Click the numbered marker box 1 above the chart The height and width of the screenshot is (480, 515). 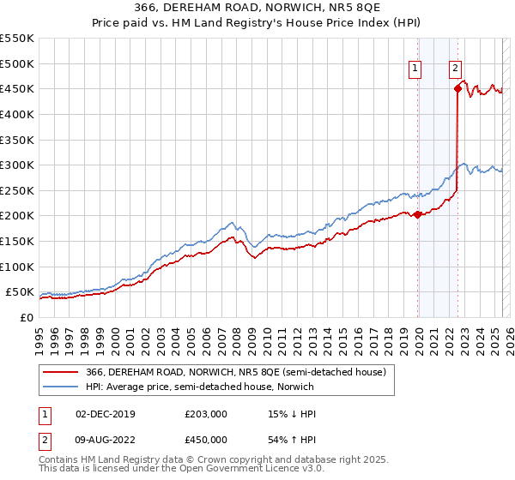tap(415, 70)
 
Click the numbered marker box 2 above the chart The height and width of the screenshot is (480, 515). tap(455, 70)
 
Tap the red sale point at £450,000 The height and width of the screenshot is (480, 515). tap(457, 88)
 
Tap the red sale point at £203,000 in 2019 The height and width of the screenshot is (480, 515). tap(418, 214)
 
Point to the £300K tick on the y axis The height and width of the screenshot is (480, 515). tap(18, 165)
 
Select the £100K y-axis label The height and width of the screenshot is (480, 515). tap(18, 267)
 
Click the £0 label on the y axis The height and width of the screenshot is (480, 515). tap(26, 317)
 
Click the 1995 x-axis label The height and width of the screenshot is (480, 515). tap(39, 334)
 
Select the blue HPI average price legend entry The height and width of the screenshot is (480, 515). tap(199, 387)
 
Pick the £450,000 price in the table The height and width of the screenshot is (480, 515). tap(206, 440)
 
